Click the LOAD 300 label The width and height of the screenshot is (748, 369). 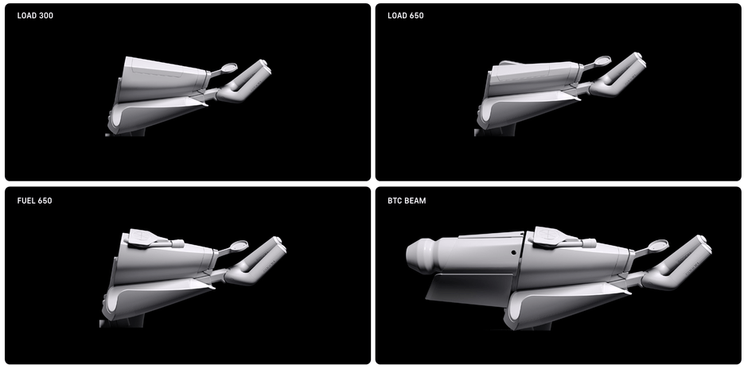35,16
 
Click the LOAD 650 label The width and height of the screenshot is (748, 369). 406,16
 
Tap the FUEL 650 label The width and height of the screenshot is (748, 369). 34,200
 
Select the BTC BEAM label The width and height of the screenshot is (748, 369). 407,200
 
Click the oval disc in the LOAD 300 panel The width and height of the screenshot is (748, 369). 230,68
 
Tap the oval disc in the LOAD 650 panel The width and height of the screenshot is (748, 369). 603,60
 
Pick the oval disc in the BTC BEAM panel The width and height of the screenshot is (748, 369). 660,245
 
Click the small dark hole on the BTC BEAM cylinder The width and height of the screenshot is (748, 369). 512,253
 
